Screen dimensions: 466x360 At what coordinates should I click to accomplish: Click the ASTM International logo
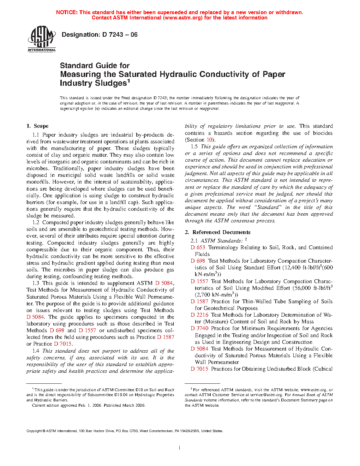coord(42,38)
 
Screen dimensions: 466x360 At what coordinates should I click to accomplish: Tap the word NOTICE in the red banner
coord(67,12)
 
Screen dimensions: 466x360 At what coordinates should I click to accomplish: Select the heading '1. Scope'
coord(37,126)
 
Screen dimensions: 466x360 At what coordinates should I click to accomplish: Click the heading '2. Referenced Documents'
coord(218,232)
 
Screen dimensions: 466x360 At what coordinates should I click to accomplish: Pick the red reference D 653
coord(198,247)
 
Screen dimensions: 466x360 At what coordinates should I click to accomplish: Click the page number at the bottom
coord(180,448)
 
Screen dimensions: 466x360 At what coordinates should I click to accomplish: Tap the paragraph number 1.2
coord(36,222)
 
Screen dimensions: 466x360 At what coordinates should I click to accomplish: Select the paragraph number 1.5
coord(194,147)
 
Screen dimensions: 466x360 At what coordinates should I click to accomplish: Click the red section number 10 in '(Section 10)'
coord(209,140)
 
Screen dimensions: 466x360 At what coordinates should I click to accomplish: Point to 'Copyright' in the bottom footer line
coord(34,431)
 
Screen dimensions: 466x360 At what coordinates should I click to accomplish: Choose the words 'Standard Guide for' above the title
coord(95,66)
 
